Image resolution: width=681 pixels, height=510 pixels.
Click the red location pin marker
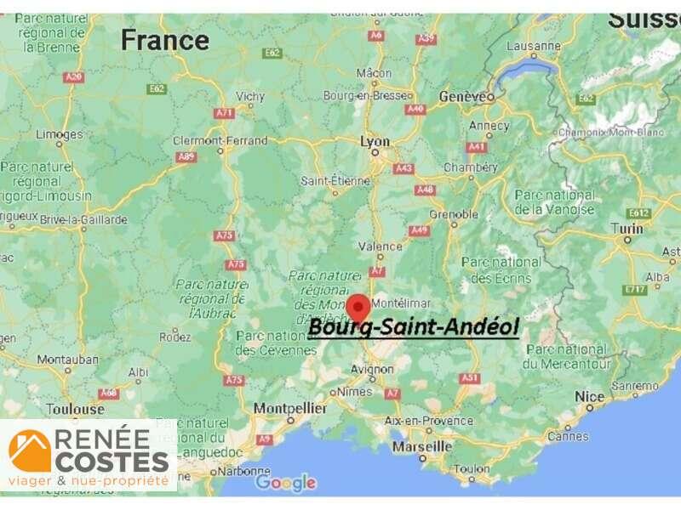358,306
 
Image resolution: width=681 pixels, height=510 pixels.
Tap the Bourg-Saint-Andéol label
413,327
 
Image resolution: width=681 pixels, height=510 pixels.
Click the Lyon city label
375,142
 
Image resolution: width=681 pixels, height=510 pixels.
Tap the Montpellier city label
290,408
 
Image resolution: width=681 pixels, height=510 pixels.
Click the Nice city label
589,397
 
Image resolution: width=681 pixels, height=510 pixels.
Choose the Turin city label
627,229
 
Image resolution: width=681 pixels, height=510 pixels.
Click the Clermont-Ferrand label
220,140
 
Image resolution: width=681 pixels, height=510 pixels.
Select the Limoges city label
59,134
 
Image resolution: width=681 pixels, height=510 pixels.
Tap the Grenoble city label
453,214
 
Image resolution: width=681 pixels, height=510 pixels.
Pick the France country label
164,39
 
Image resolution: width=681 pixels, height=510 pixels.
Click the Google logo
286,483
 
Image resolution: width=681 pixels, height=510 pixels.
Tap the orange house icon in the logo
30,450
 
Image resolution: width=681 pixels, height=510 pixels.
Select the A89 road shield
186,157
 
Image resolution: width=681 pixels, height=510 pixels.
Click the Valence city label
380,246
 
